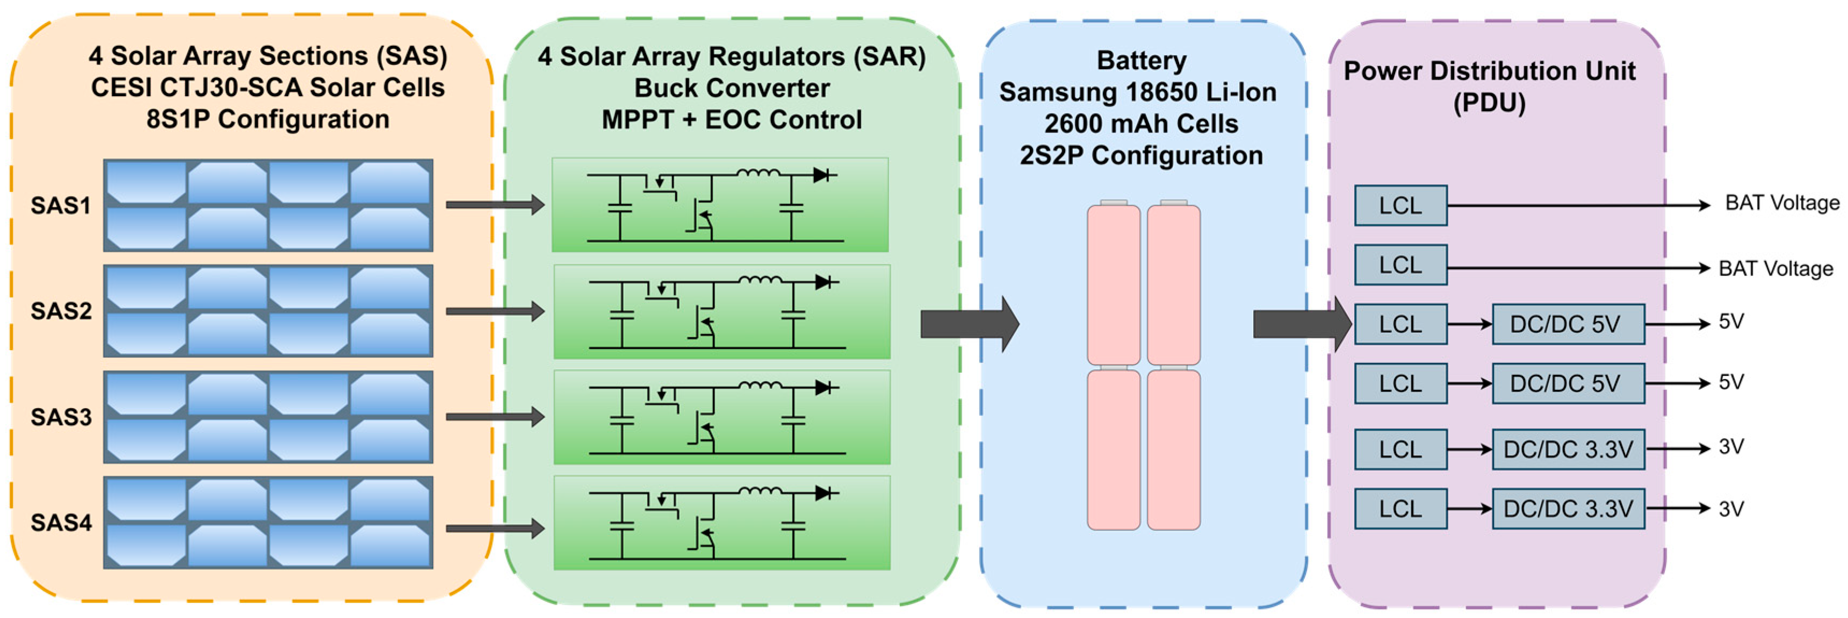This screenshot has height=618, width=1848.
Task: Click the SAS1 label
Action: (61, 206)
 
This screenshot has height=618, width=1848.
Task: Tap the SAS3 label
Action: (61, 417)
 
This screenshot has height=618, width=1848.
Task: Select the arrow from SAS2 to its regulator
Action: (494, 311)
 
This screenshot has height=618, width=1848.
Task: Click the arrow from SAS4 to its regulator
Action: (494, 529)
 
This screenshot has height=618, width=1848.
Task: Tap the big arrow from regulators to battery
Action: (969, 324)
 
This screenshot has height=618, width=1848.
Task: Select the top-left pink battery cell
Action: (1114, 285)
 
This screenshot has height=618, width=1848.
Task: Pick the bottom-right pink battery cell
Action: (1174, 449)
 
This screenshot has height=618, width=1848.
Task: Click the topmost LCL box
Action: (1401, 206)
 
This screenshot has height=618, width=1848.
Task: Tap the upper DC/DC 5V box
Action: (1568, 324)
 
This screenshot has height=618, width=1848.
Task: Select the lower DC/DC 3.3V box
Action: (1568, 509)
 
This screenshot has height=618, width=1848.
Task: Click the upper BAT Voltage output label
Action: (1782, 203)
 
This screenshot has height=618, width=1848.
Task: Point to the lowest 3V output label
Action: (1731, 509)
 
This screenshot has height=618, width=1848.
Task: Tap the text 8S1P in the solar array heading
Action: (178, 119)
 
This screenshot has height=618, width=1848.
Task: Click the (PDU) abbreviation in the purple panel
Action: (1489, 103)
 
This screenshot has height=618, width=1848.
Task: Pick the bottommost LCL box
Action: (1401, 509)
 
